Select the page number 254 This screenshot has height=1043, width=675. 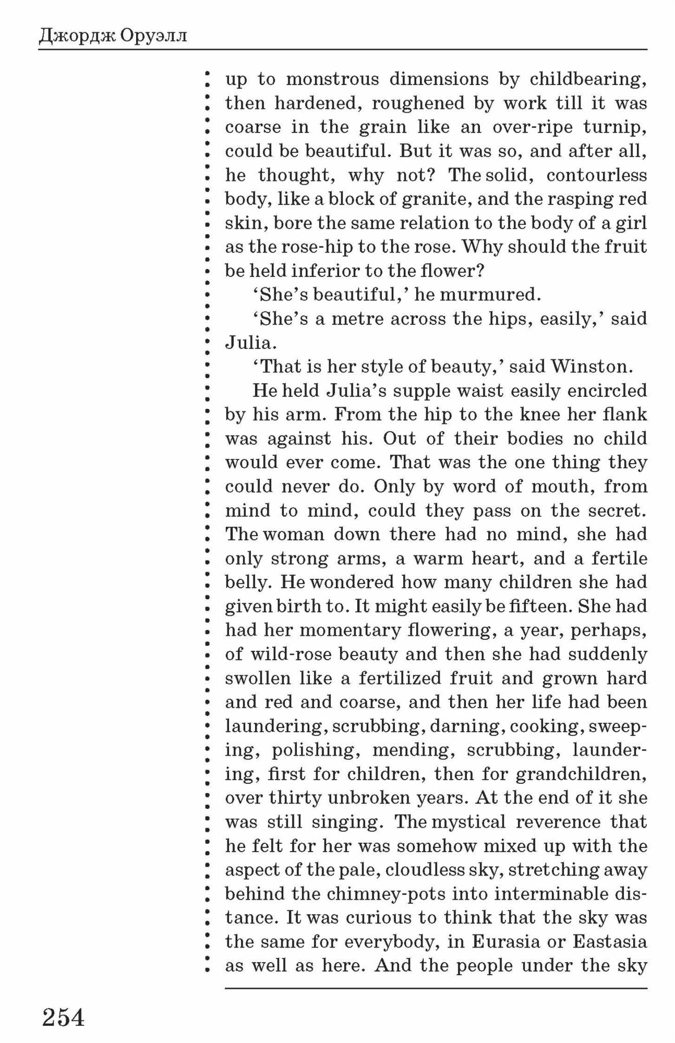[63, 1017]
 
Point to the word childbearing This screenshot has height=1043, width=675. [588, 79]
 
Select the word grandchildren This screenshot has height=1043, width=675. [581, 774]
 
